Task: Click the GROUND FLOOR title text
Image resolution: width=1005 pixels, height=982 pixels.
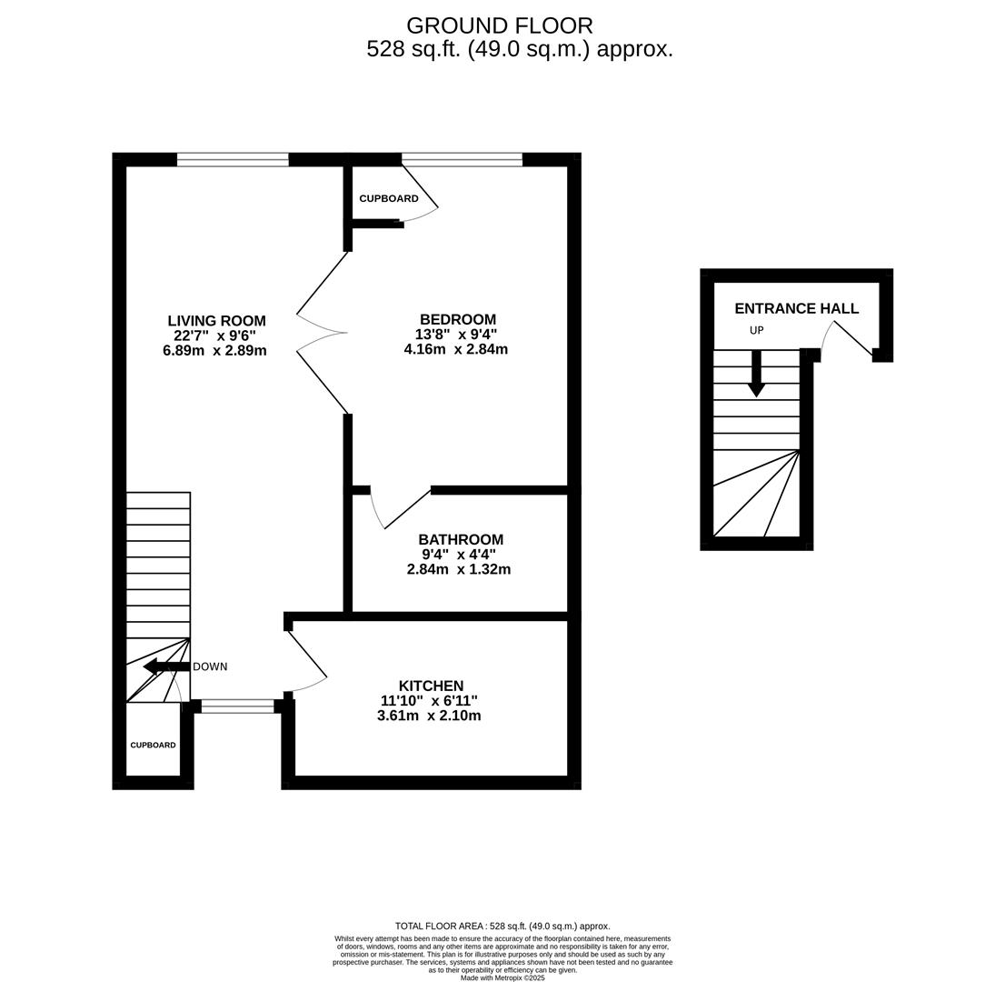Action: (x=499, y=25)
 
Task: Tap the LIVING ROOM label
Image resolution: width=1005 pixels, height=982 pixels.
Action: (x=216, y=321)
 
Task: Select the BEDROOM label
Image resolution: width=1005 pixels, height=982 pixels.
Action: (x=457, y=319)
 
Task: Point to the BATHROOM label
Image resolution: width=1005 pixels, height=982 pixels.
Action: (x=460, y=539)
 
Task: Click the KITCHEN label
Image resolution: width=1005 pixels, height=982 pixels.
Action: (x=431, y=686)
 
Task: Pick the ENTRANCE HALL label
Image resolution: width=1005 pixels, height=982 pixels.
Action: (x=796, y=308)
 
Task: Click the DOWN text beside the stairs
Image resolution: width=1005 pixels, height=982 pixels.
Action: (x=210, y=666)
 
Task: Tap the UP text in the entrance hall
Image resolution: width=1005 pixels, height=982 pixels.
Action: (x=756, y=330)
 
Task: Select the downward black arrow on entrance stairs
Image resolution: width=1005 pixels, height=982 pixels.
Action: (x=756, y=375)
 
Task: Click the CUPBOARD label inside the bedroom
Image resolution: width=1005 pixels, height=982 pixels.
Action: (x=388, y=198)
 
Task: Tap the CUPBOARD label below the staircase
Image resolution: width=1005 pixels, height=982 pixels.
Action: (x=153, y=745)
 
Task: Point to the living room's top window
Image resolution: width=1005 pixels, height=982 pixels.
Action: (x=233, y=160)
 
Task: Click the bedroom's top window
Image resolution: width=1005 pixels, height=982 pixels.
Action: (x=462, y=160)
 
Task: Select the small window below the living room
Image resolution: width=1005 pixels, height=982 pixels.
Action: (x=237, y=706)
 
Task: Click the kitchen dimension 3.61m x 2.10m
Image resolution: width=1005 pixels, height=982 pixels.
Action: (x=429, y=716)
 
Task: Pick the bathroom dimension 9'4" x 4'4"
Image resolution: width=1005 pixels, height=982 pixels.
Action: (x=458, y=555)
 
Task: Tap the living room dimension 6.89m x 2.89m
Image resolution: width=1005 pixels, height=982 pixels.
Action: (x=214, y=350)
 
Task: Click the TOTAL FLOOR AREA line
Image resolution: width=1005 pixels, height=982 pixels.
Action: (x=502, y=926)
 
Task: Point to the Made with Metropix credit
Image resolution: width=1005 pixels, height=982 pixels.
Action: (x=502, y=977)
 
